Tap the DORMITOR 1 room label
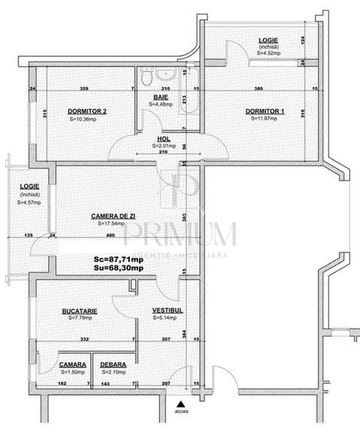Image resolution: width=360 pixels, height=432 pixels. click(265, 111)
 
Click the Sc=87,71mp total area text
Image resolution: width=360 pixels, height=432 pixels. click(119, 260)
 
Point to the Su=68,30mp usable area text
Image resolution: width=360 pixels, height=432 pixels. click(119, 269)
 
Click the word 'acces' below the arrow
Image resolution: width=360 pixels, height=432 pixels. click(180, 413)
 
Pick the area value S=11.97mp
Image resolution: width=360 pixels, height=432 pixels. click(265, 119)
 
